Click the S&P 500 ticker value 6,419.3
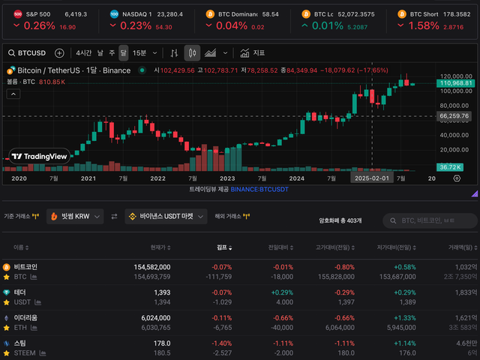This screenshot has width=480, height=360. point(76,14)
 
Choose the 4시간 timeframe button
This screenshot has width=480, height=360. point(83,53)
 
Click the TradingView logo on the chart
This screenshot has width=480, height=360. point(40,157)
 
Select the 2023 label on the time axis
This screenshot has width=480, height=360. point(226,178)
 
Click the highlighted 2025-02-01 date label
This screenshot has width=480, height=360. point(372,178)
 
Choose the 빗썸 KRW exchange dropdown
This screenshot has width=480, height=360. point(74,216)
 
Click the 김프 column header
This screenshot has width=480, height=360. point(223,247)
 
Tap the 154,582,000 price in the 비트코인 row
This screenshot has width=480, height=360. point(152,266)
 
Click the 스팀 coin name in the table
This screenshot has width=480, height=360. point(19,343)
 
